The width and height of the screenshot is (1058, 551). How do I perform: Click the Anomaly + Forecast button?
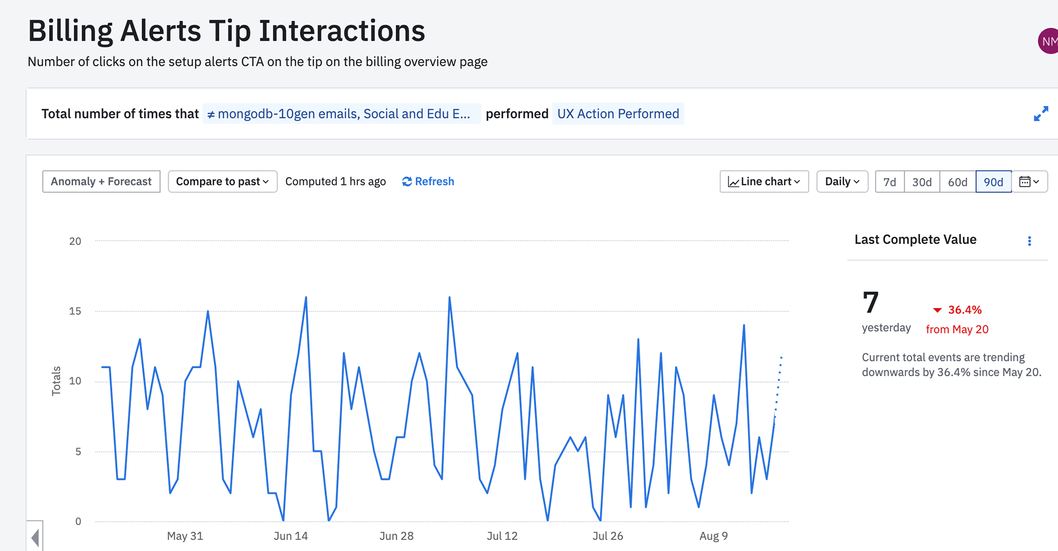point(101,182)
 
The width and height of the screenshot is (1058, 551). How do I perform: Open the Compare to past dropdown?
point(222,182)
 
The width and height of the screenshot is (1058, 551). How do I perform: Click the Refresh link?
point(428,182)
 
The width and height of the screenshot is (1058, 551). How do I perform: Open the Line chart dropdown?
point(764,182)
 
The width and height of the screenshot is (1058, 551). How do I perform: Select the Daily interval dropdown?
point(842,182)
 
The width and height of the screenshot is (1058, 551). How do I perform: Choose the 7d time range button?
point(889,182)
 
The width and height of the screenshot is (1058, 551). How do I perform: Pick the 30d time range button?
point(922,182)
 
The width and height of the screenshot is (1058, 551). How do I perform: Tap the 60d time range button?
point(958,182)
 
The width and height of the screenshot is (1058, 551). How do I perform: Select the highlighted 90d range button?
point(994,182)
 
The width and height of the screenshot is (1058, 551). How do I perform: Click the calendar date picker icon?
point(1029,182)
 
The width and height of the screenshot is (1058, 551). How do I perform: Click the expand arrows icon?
point(1040,114)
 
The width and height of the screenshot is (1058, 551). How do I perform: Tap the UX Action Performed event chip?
point(618,114)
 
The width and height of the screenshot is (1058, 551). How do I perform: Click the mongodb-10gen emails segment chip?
point(341,114)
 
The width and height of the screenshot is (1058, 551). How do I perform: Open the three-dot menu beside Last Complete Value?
point(1029,241)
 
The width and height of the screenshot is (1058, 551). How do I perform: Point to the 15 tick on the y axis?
point(75,311)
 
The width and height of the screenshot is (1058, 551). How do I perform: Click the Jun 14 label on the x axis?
point(290,536)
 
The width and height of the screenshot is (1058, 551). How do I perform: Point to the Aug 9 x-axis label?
point(714,536)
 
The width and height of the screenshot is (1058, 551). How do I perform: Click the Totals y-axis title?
point(56,381)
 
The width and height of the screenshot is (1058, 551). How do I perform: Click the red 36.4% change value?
point(964,310)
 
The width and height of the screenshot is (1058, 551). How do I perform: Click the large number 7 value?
point(871,302)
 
